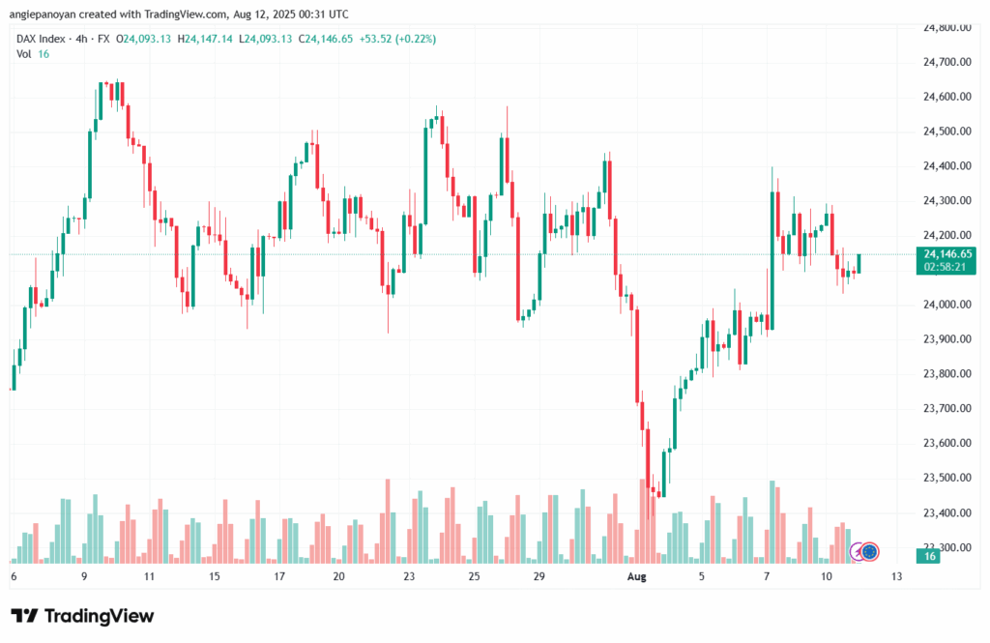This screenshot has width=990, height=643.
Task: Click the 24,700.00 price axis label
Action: click(947, 62)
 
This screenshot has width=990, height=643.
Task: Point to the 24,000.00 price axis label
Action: click(947, 305)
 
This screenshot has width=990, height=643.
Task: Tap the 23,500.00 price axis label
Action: click(947, 478)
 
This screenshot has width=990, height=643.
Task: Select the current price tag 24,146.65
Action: click(947, 254)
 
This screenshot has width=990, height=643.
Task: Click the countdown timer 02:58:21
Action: click(945, 267)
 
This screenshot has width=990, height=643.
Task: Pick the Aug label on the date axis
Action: click(636, 576)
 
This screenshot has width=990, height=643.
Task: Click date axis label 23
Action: click(409, 576)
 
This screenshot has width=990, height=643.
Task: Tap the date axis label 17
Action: click(279, 576)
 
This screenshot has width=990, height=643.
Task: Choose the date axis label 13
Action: click(896, 576)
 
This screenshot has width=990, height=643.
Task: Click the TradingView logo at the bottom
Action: click(83, 616)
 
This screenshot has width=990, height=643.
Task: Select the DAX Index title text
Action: click(41, 39)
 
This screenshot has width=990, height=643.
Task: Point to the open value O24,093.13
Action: click(143, 39)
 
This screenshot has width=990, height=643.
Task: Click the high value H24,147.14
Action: click(205, 39)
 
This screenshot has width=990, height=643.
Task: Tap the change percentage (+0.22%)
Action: click(416, 39)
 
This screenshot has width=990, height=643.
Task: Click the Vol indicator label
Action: click(24, 54)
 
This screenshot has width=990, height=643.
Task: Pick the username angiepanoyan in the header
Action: click(43, 14)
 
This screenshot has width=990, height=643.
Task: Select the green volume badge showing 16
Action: click(929, 557)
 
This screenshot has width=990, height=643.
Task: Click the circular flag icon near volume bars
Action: click(870, 552)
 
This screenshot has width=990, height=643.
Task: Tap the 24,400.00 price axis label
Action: click(947, 166)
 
